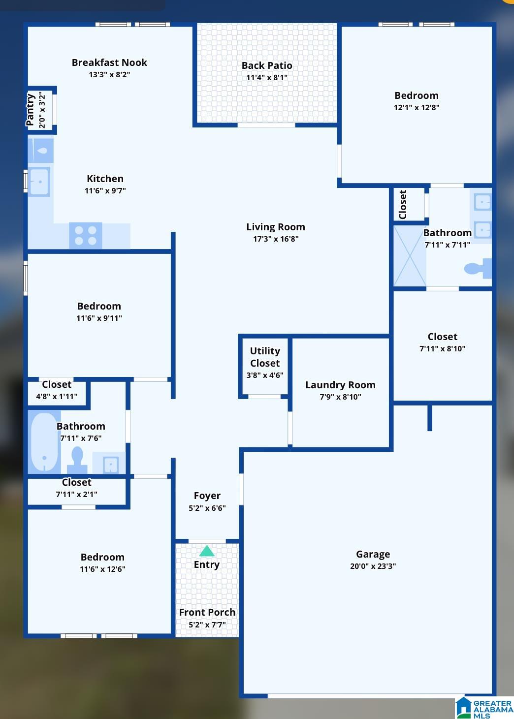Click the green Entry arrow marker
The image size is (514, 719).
pyautogui.click(x=207, y=551)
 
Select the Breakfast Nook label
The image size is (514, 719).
pyautogui.click(x=109, y=63)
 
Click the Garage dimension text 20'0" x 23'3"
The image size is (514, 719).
pyautogui.click(x=373, y=566)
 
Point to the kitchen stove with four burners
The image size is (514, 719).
pyautogui.click(x=86, y=235)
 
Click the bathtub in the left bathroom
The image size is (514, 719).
pyautogui.click(x=44, y=442)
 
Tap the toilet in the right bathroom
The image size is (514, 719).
pyautogui.click(x=478, y=268)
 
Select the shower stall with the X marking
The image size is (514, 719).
pyautogui.click(x=410, y=255)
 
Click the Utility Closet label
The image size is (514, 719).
pyautogui.click(x=265, y=357)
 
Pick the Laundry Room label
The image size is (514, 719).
pyautogui.click(x=340, y=385)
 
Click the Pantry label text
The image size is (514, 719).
pyautogui.click(x=31, y=110)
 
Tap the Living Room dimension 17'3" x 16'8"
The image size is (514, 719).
pyautogui.click(x=276, y=239)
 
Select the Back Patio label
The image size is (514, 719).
pyautogui.click(x=267, y=65)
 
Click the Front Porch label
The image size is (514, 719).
pyautogui.click(x=207, y=612)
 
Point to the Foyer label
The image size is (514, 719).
pyautogui.click(x=207, y=496)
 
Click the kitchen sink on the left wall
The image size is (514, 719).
pyautogui.click(x=39, y=182)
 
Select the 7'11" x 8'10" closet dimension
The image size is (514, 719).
pyautogui.click(x=442, y=349)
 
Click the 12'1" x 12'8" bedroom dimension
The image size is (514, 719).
pyautogui.click(x=417, y=108)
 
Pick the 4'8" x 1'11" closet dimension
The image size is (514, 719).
pyautogui.click(x=57, y=397)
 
